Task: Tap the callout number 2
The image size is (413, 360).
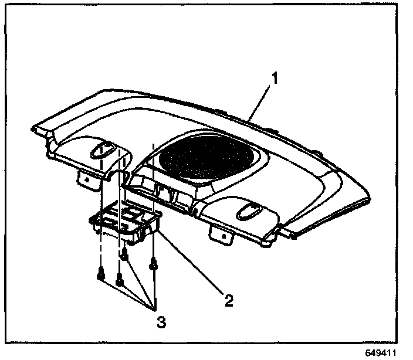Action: click(229, 300)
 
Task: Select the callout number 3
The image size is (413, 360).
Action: click(160, 322)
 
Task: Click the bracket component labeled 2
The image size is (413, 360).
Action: click(126, 226)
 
